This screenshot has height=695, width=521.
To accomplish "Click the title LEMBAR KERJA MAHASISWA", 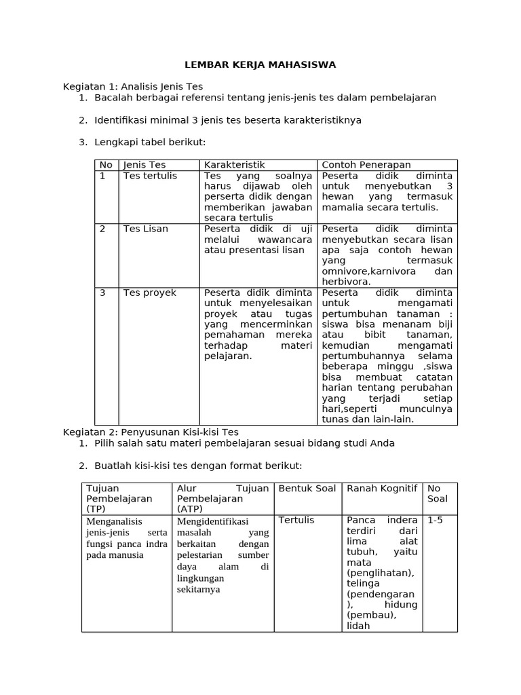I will (x=260, y=64).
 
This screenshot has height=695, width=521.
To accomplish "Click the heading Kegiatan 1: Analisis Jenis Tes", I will (x=133, y=87).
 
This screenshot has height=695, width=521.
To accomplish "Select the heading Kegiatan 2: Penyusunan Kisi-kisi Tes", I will (x=151, y=432).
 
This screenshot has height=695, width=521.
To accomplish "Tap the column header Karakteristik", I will (x=235, y=165).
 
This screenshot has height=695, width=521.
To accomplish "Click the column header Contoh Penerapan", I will (x=366, y=165).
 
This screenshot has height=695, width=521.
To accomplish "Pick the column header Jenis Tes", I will (x=144, y=165).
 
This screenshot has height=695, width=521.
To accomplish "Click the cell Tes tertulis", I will (x=150, y=176).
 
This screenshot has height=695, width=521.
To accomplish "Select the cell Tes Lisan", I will (x=146, y=229).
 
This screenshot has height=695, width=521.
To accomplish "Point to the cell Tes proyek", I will (x=150, y=293).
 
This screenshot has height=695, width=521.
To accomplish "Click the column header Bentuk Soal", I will (x=307, y=489).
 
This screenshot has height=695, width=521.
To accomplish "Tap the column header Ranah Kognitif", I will (x=382, y=489).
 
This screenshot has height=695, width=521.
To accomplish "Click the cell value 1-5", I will (x=435, y=520).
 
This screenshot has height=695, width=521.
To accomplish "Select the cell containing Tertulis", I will (x=296, y=520).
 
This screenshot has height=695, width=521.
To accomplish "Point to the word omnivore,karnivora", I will (x=367, y=271).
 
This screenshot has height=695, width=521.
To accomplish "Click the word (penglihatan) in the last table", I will (x=380, y=573).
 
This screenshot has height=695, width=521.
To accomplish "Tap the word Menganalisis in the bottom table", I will (x=115, y=522).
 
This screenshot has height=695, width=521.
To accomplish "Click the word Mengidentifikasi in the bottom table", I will (x=211, y=522).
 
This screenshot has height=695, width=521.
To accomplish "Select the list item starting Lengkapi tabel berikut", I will (x=149, y=142).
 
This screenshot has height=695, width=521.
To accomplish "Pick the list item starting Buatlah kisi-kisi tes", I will (x=197, y=466).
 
